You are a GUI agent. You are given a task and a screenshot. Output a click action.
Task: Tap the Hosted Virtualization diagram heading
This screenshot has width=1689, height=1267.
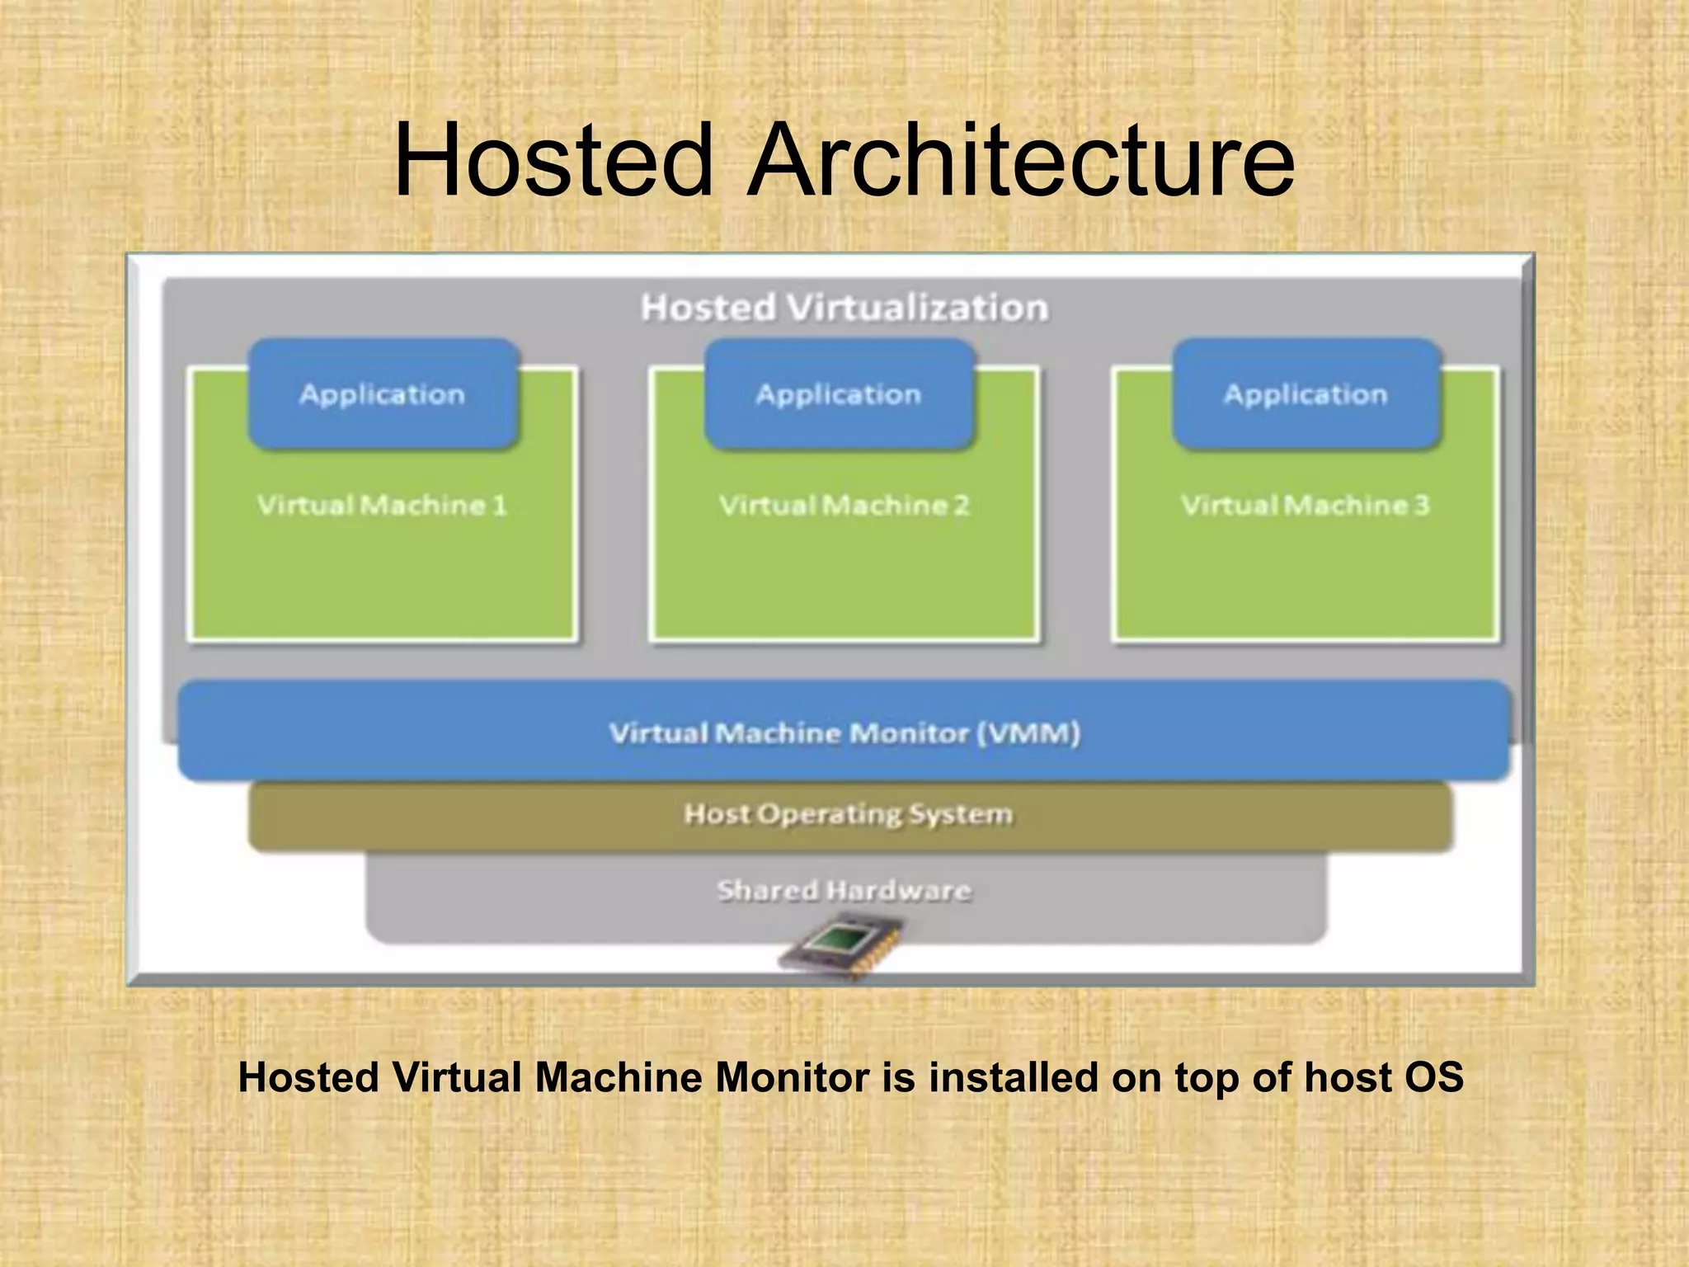(x=844, y=308)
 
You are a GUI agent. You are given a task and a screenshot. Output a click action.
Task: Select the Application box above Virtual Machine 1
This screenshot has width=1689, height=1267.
(x=383, y=394)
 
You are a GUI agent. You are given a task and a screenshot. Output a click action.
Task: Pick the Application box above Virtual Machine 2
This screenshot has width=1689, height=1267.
(x=839, y=394)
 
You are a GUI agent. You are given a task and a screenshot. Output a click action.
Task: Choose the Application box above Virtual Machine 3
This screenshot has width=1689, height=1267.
(x=1306, y=394)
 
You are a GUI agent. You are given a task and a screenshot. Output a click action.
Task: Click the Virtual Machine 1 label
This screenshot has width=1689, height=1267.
(x=382, y=505)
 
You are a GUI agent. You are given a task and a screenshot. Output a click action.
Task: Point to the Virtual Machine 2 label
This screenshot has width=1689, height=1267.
(x=844, y=505)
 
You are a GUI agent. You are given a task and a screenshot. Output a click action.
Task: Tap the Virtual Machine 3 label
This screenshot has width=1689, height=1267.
(x=1305, y=505)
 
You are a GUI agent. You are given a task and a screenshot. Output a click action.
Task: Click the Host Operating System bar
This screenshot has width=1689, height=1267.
(x=849, y=815)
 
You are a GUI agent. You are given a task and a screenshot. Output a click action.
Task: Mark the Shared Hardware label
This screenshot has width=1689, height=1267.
(x=844, y=891)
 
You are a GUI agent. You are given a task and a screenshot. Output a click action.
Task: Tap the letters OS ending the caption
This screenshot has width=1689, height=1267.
(x=1434, y=1077)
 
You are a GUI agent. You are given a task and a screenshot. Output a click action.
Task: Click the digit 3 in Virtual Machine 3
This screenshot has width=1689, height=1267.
(x=1421, y=505)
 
